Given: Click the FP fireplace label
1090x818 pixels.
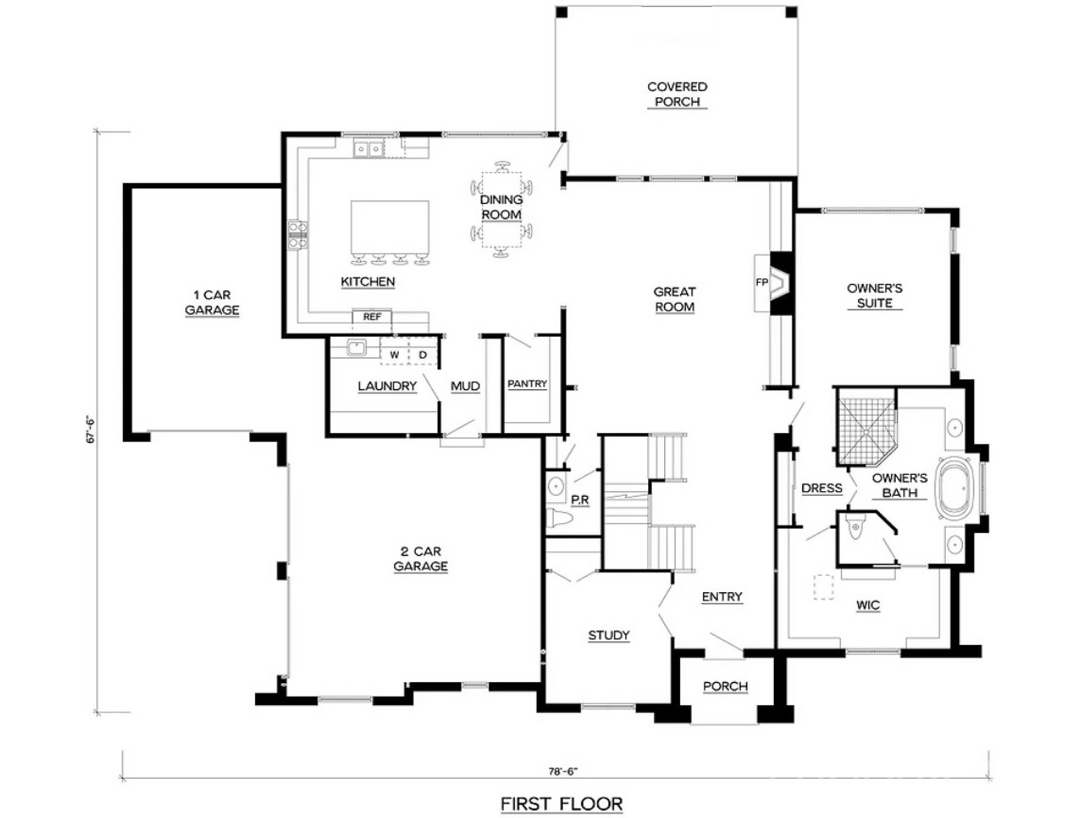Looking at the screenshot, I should coord(762,282).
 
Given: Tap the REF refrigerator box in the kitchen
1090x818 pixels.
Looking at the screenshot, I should coord(372,317).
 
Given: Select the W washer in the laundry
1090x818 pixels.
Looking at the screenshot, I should coord(394,355).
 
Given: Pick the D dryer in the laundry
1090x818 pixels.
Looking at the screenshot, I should coord(423,355).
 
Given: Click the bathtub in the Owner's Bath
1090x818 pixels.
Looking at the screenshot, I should coord(955,488).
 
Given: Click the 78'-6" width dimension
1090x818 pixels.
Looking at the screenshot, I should coord(563,771).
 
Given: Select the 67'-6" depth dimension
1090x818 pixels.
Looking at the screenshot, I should coord(90,430).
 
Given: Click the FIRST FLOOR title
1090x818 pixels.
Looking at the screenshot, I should coord(561,804).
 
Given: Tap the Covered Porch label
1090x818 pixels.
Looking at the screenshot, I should coord(677,94).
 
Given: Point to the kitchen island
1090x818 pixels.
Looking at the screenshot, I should coord(390,228).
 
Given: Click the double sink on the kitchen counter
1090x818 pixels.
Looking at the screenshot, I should coord(368,149).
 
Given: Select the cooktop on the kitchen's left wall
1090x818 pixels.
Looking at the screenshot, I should coord(298,235).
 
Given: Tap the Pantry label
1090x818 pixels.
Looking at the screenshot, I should coord(527,384).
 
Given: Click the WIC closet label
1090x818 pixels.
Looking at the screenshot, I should coord(868,606).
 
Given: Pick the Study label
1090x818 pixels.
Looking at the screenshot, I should coord(609,635).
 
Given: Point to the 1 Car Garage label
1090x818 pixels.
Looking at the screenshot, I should coord(212,302).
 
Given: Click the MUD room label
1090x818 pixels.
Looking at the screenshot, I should coord(465,386).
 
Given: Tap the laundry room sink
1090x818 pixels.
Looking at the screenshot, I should coord(356,348).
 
